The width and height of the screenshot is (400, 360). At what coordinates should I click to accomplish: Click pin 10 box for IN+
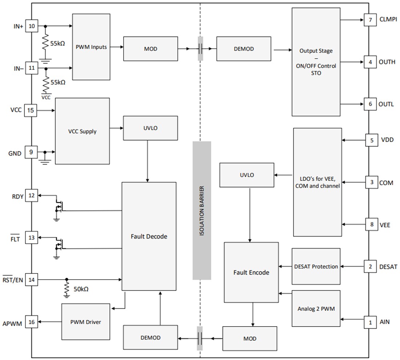[31, 26]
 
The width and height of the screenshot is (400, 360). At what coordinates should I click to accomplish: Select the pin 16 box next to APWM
[31, 322]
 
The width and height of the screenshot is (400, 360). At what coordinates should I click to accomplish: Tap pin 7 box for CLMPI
[370, 20]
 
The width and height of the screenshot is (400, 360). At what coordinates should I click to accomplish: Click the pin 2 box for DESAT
[370, 267]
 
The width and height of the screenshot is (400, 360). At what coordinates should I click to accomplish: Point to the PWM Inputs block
[91, 47]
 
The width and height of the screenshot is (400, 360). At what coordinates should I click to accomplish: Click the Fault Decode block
[149, 236]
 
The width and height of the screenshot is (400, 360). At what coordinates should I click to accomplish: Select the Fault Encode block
[251, 272]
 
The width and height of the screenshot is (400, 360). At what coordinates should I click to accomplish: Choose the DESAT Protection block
[316, 267]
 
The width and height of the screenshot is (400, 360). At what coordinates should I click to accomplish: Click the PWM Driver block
[85, 322]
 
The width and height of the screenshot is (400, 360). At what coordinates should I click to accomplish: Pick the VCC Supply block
[82, 131]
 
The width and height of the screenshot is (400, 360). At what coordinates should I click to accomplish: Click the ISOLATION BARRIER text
[202, 211]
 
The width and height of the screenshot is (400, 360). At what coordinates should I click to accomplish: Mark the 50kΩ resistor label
[80, 289]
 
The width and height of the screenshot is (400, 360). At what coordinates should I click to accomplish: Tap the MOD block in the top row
[151, 48]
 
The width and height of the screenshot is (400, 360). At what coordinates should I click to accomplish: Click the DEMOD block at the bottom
[151, 338]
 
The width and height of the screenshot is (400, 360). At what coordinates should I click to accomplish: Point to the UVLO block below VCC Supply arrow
[151, 128]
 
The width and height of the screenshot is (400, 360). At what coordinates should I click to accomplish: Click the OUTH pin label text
[387, 62]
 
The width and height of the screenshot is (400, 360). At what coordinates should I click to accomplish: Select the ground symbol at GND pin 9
[45, 159]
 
